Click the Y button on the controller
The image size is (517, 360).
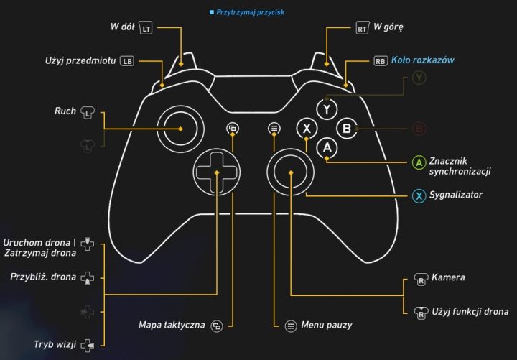tap(327, 109)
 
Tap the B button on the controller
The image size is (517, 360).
tap(347, 129)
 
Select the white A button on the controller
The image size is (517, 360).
tap(327, 147)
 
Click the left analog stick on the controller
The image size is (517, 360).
tap(176, 129)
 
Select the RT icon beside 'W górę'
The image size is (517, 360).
tap(363, 29)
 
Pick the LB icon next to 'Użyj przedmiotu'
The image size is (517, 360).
tap(127, 61)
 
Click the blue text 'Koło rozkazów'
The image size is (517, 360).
tap(424, 60)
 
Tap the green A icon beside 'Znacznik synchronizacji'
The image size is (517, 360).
tap(418, 162)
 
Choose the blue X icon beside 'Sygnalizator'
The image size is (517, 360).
tap(418, 195)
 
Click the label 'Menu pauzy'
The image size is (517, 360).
tap(327, 326)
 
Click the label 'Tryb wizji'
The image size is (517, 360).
tap(55, 344)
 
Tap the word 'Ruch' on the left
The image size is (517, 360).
tap(65, 111)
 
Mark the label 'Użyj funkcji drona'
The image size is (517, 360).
tap(470, 311)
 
